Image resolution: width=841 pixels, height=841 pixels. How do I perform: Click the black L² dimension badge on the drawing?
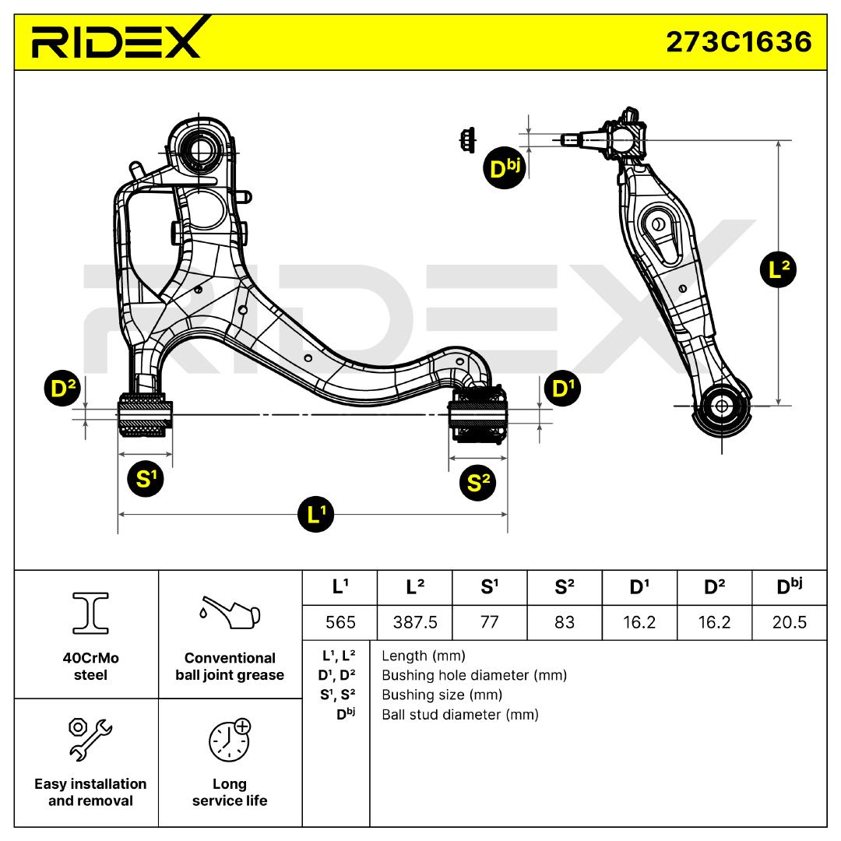[x=778, y=270]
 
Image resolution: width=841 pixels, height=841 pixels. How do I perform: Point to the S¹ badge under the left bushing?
[x=145, y=478]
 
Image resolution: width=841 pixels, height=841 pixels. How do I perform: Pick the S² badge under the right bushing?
[x=478, y=483]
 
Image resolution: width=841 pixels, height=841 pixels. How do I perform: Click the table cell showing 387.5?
[x=414, y=622]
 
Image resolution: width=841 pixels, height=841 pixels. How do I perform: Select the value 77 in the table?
[x=489, y=622]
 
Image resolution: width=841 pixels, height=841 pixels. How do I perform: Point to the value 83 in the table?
[x=565, y=622]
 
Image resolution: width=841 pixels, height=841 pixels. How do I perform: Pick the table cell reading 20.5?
[x=790, y=622]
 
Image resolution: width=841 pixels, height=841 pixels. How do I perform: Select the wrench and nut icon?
[x=89, y=738]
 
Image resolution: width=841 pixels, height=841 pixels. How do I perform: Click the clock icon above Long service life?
[x=229, y=740]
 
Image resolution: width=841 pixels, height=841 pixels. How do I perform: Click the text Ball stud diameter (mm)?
[x=459, y=714]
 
